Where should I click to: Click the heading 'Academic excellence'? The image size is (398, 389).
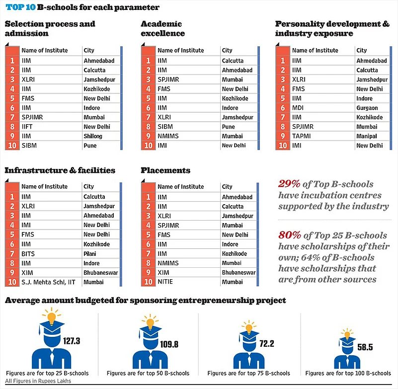tap(163, 28)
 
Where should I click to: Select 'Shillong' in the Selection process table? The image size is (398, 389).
tap(94, 136)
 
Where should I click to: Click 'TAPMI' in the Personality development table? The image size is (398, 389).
tap(301, 136)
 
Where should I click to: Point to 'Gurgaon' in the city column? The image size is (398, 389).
tap(367, 108)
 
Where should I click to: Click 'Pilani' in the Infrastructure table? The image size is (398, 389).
tap(91, 254)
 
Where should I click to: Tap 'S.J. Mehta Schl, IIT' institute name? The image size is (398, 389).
tap(49, 282)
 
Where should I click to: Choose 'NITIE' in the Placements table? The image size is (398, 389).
tap(165, 282)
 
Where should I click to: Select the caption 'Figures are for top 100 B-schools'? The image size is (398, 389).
tap(348, 373)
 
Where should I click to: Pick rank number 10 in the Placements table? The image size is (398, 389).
tap(148, 282)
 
